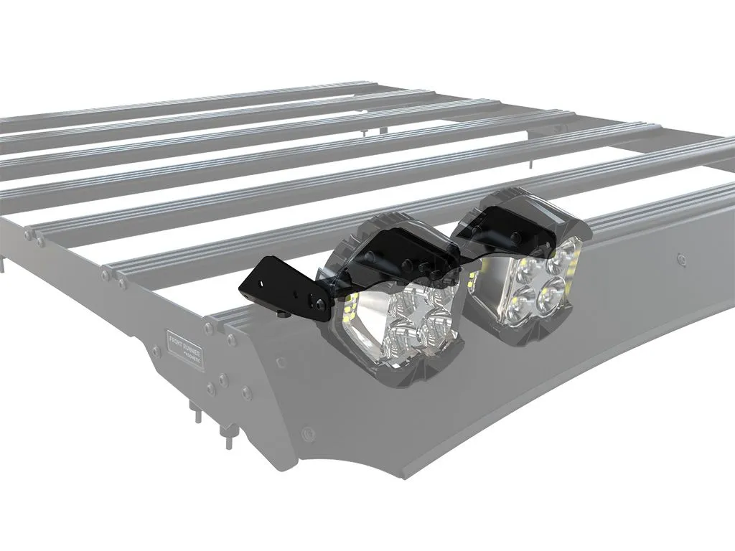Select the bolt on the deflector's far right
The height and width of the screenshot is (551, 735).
click(x=679, y=256)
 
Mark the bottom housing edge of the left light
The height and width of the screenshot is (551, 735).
click(x=402, y=373)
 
